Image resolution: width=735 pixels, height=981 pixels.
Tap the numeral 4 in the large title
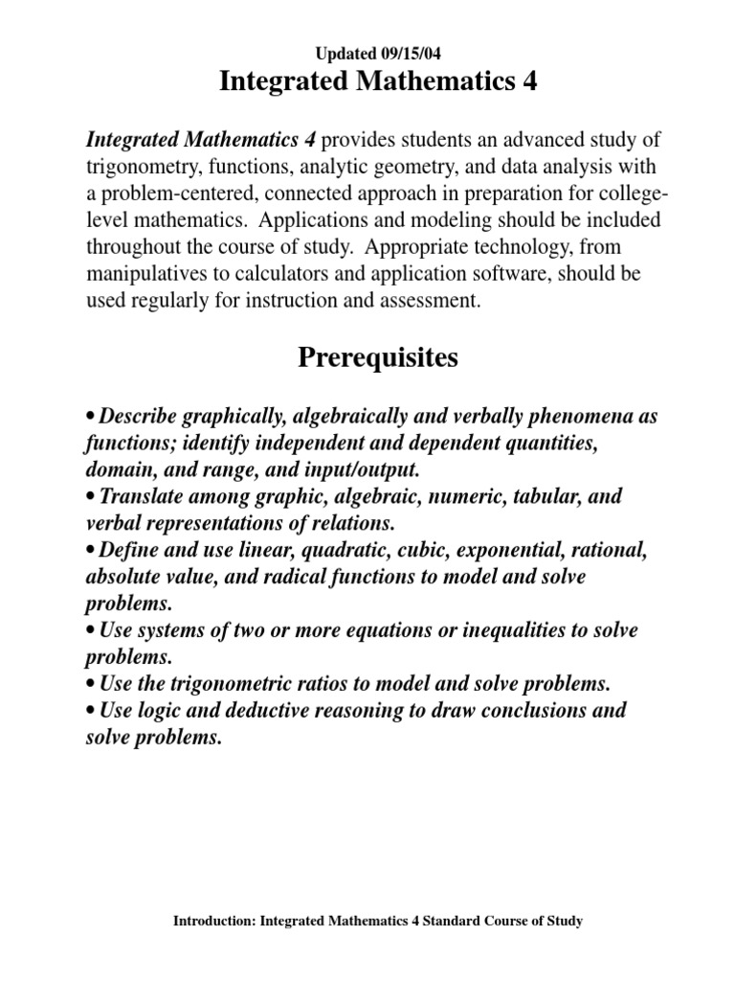click(x=526, y=82)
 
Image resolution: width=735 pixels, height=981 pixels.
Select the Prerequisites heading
click(x=378, y=358)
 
